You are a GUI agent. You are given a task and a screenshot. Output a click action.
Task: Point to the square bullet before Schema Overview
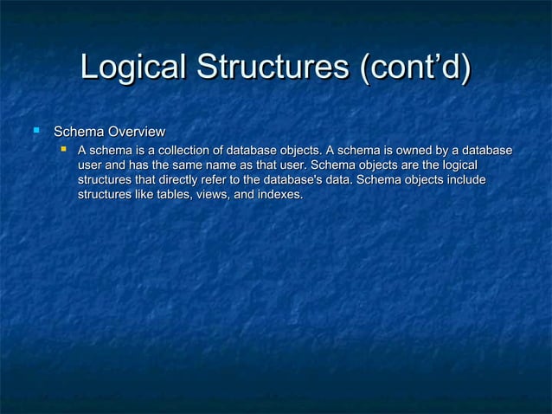tap(36, 131)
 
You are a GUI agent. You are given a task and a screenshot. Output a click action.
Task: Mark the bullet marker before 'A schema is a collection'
tap(62, 151)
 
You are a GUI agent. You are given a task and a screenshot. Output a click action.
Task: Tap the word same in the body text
tap(176, 166)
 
